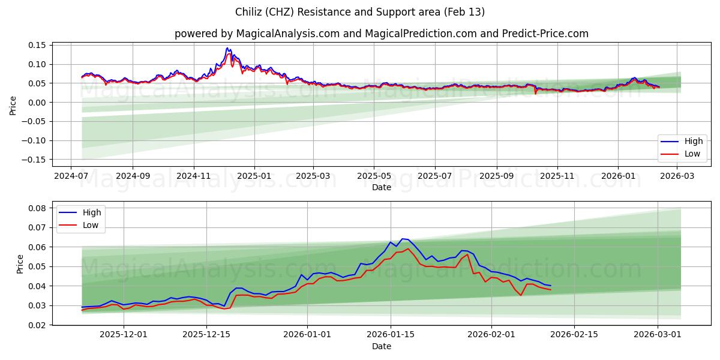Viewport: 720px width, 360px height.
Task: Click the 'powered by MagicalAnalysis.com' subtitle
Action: pyautogui.click(x=382, y=34)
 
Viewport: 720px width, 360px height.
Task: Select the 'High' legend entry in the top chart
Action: pyautogui.click(x=683, y=142)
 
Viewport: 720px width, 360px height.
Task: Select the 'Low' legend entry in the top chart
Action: pyautogui.click(x=683, y=154)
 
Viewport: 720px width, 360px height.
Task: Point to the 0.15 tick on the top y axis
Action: pyautogui.click(x=37, y=45)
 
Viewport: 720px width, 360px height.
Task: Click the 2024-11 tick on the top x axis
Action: pyautogui.click(x=194, y=176)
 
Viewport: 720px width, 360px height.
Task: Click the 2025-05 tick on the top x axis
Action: pyautogui.click(x=374, y=176)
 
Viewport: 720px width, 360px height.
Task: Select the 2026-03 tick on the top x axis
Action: pyautogui.click(x=677, y=176)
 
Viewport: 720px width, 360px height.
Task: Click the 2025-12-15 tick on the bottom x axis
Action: pyautogui.click(x=206, y=335)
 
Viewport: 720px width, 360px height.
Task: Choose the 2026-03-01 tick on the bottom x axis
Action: pyautogui.click(x=658, y=335)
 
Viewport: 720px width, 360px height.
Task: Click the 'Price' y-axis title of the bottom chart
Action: pyautogui.click(x=20, y=264)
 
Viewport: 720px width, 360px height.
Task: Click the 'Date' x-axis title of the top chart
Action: pyautogui.click(x=382, y=187)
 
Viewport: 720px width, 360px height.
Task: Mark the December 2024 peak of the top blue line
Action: pyautogui.click(x=227, y=48)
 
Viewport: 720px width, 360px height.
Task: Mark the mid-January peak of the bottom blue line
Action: pyautogui.click(x=403, y=239)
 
